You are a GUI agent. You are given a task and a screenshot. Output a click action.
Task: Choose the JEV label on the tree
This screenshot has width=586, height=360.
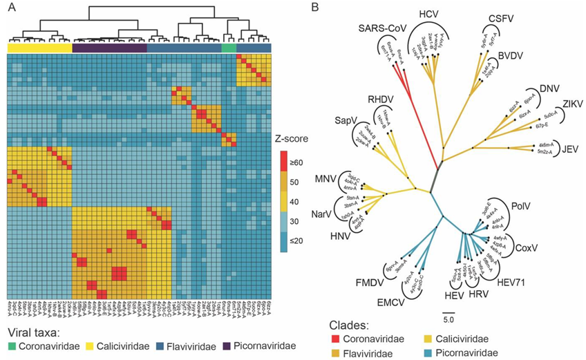tap(569, 148)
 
